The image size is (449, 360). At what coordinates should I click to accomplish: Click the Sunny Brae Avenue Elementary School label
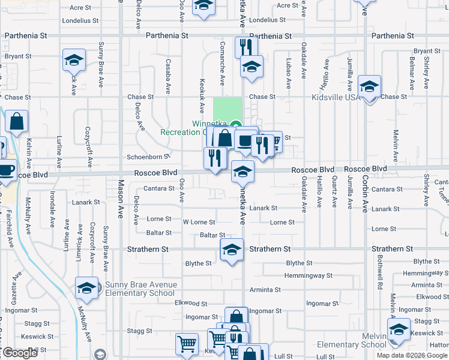coord(140,289)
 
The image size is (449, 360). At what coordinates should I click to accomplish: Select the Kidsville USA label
coord(336,97)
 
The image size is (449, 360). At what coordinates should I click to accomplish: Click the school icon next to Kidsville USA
coord(369,86)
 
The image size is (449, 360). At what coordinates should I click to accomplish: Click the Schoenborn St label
coord(149,157)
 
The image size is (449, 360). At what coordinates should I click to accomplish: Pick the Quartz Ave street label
coord(334,193)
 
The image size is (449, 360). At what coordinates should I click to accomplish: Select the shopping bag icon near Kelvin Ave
coord(17,121)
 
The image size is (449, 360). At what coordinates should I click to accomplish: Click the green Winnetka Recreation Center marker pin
coord(237,125)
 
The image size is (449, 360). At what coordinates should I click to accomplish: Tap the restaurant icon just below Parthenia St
coord(246,47)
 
